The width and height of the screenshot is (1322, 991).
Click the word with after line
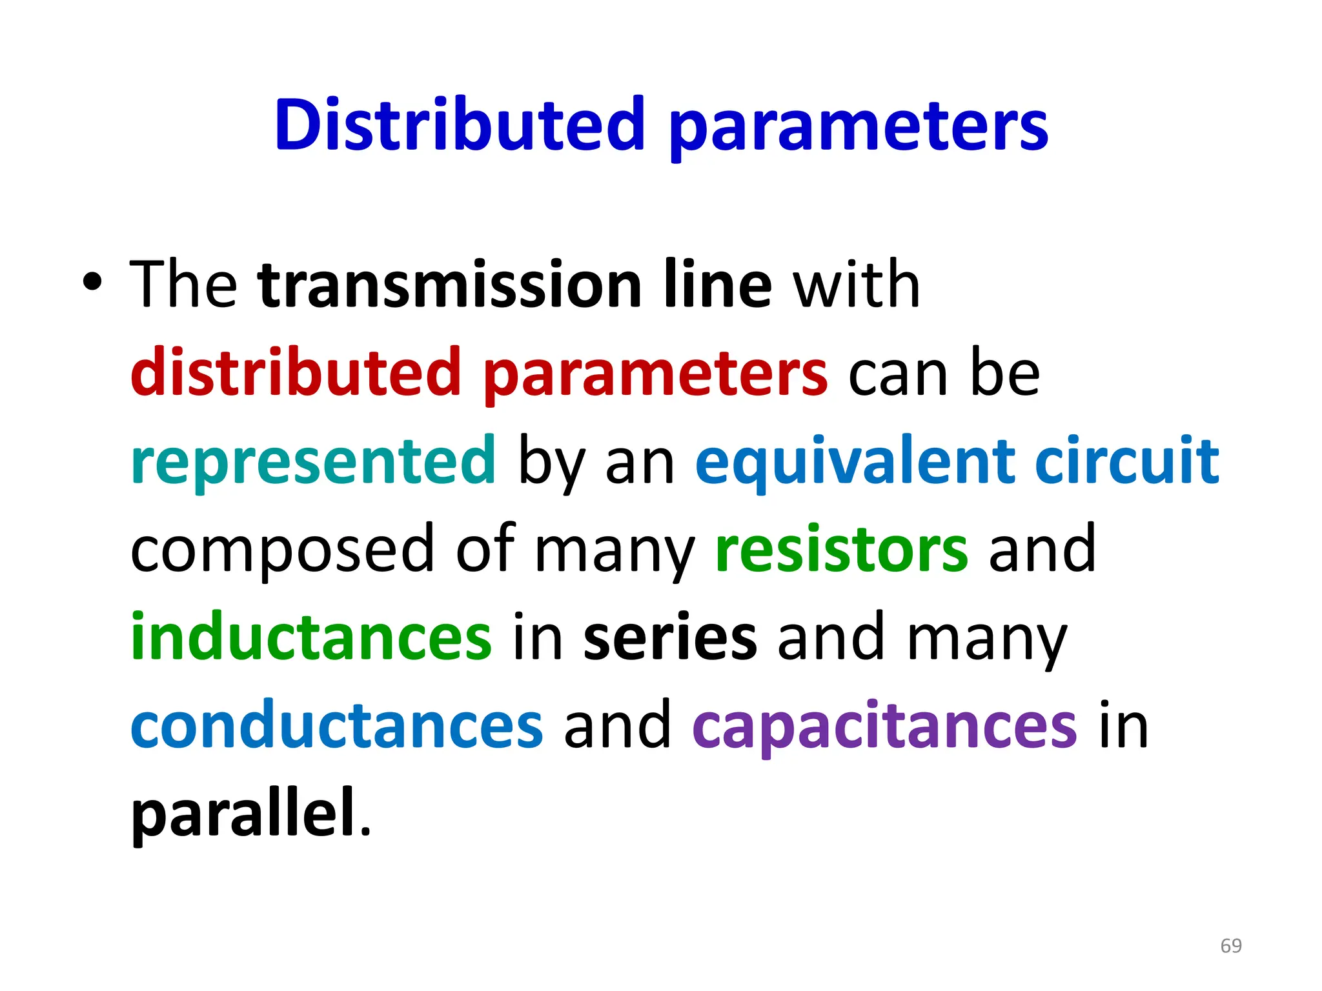pos(856,285)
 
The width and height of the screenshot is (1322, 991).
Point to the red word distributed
pos(296,372)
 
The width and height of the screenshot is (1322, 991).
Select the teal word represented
pos(313,462)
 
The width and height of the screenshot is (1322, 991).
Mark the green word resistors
pos(842,549)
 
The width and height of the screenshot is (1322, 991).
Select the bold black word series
pos(669,637)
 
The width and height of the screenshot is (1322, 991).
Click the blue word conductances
pos(337,726)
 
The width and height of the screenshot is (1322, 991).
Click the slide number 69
pos(1231,946)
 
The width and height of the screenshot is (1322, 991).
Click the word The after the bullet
pos(183,285)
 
